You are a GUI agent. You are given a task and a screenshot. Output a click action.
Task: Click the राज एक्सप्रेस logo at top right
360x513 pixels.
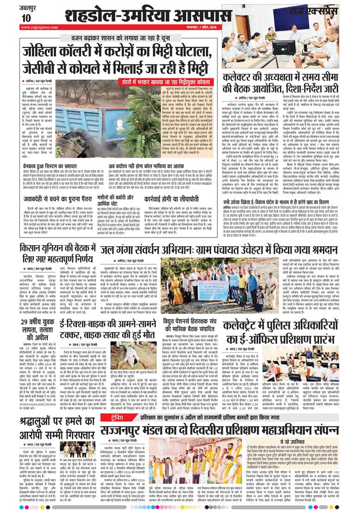329,8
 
